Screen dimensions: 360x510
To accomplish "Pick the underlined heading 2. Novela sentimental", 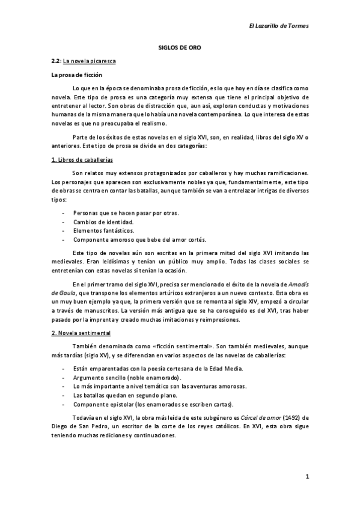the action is tap(81, 333).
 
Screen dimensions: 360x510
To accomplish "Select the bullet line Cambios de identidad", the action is tap(103, 222).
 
